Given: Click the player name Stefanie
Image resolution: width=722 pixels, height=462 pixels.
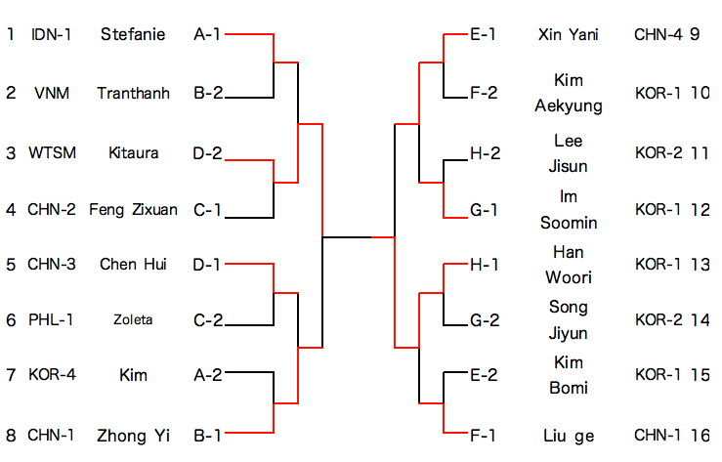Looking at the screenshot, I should click(133, 35).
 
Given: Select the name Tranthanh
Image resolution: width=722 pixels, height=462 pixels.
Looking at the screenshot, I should click(133, 94).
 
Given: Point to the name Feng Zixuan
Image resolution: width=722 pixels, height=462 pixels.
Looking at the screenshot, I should click(133, 209).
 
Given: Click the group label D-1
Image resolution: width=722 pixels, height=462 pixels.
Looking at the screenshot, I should click(207, 264).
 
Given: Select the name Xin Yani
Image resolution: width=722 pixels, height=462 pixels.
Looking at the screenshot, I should click(568, 35).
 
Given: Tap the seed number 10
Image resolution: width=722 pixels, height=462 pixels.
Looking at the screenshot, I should click(699, 94).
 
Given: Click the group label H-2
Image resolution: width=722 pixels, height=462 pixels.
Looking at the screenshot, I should click(484, 153).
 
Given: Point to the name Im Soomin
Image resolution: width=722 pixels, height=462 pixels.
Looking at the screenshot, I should click(568, 209).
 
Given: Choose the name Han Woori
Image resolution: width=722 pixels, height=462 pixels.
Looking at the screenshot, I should click(568, 264).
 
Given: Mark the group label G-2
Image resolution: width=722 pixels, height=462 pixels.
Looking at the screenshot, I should click(484, 320).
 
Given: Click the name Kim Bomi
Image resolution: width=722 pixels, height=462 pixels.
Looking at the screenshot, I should click(568, 375).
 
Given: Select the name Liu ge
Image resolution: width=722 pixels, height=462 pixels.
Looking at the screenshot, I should click(568, 436).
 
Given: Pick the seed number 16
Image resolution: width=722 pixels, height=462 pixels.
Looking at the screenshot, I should click(699, 436).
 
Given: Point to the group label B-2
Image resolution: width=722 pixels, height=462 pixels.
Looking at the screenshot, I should click(207, 94).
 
